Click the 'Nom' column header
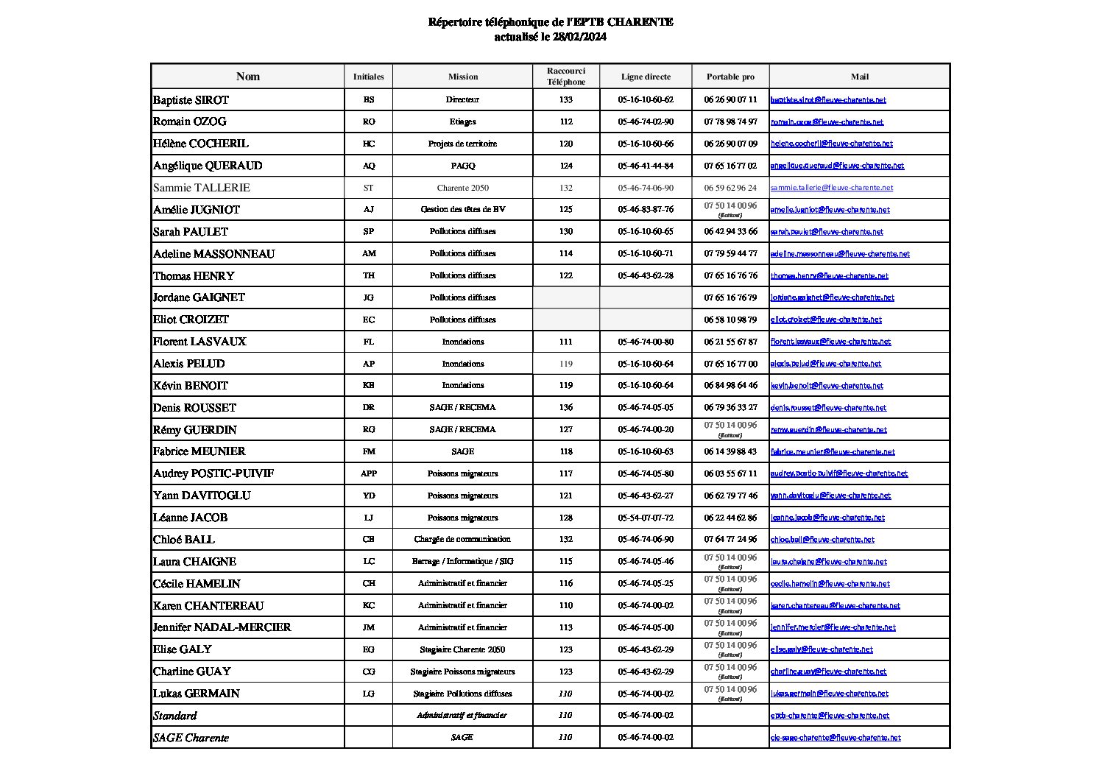click(x=247, y=77)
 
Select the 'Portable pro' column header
click(x=730, y=77)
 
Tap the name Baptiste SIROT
click(x=191, y=100)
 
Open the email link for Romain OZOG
click(x=827, y=122)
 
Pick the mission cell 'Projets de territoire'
click(x=462, y=144)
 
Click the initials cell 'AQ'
click(x=369, y=166)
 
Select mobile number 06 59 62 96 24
click(x=730, y=188)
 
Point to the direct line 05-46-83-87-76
click(x=646, y=209)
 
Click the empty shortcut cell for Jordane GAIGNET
click(x=565, y=297)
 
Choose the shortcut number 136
click(x=565, y=407)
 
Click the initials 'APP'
click(x=369, y=473)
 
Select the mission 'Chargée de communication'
click(x=462, y=539)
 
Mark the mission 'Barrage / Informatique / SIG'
click(x=462, y=561)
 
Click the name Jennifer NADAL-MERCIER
click(x=222, y=627)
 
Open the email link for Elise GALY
click(x=822, y=649)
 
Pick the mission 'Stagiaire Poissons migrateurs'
click(x=462, y=672)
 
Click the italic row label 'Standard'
click(x=175, y=716)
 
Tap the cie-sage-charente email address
click(x=836, y=738)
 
